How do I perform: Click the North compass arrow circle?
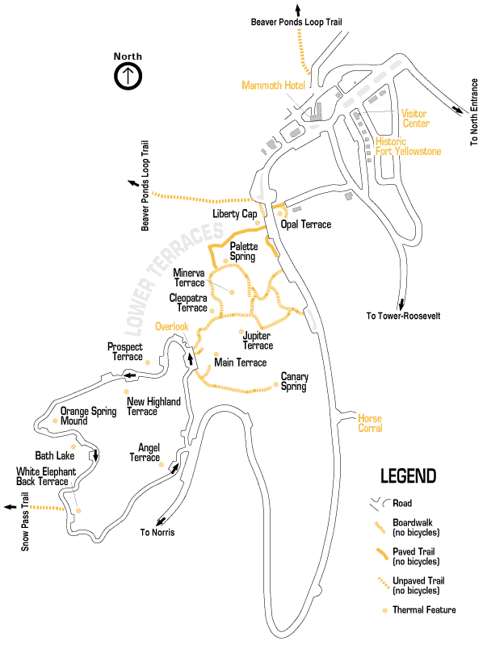[x=128, y=76]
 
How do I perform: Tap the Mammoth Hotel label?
[x=272, y=86]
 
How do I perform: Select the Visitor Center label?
[x=416, y=119]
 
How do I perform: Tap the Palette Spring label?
[x=242, y=251]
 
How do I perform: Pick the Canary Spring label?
[x=294, y=381]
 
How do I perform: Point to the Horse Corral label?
[x=370, y=423]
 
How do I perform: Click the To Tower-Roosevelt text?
[x=403, y=316]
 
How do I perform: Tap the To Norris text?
[x=157, y=533]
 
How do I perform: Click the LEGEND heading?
[x=408, y=475]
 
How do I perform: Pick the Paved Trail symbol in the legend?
[x=378, y=556]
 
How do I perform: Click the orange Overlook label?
[x=172, y=327]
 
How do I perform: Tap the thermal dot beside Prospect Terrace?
[x=148, y=362]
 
